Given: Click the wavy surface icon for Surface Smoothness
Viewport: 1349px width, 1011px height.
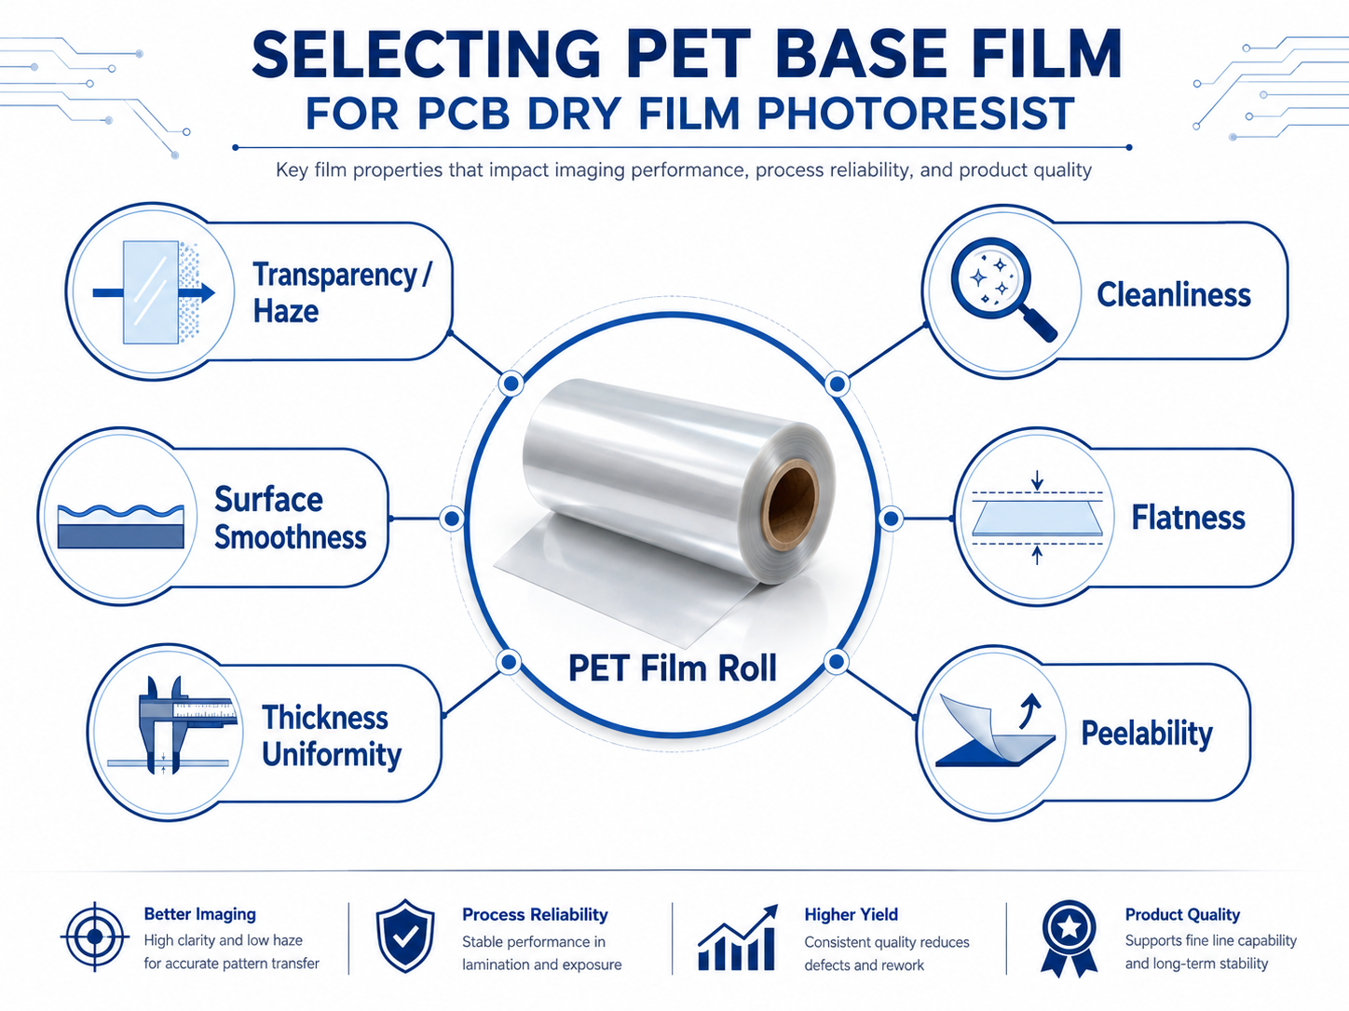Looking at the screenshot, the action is pyautogui.click(x=120, y=527).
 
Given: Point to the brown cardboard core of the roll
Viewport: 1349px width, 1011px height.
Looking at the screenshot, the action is pyautogui.click(x=790, y=505).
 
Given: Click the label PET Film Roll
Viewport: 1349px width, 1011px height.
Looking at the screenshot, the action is pyautogui.click(x=673, y=667).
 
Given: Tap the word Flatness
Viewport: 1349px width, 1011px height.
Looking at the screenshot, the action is pyautogui.click(x=1188, y=518).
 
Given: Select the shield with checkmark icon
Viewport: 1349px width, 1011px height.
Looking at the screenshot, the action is pyautogui.click(x=405, y=936).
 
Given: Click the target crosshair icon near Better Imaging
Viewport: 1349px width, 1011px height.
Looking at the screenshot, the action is pyautogui.click(x=95, y=937).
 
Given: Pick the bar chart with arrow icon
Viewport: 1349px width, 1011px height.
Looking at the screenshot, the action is pyautogui.click(x=738, y=937).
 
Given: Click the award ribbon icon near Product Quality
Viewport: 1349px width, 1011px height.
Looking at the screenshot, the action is pyautogui.click(x=1069, y=938).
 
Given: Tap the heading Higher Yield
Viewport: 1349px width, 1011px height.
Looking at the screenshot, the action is pyautogui.click(x=852, y=914).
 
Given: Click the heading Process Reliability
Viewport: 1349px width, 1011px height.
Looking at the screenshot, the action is pyautogui.click(x=535, y=914).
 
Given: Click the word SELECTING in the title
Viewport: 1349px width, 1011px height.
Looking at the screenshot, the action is pyautogui.click(x=425, y=54).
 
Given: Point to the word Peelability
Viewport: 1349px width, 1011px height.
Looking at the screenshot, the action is pyautogui.click(x=1147, y=734).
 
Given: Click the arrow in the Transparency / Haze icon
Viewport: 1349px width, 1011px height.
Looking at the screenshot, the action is pyautogui.click(x=154, y=293).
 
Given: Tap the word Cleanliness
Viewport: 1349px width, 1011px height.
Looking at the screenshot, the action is pyautogui.click(x=1174, y=295).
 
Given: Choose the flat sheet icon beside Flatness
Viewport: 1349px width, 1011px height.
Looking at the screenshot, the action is pyautogui.click(x=1038, y=519).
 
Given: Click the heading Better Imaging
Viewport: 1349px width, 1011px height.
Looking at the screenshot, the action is pyautogui.click(x=199, y=914).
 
